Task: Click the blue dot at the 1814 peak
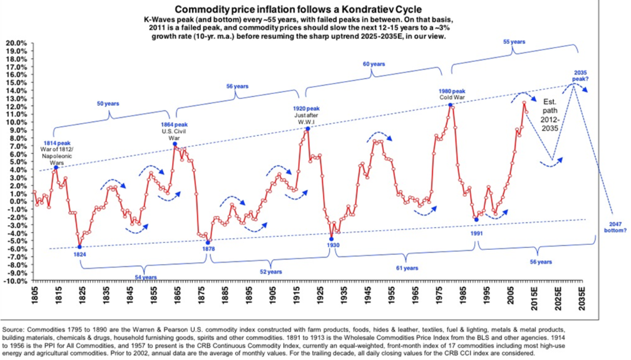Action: tap(56, 168)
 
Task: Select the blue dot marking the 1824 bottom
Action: tap(80, 247)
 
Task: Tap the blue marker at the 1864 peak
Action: tap(174, 144)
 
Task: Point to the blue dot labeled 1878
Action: tap(208, 242)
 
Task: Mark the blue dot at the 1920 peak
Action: tap(308, 128)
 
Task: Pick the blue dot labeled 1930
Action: tap(331, 239)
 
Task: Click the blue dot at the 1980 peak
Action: tap(451, 105)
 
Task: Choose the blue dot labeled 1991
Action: tap(476, 219)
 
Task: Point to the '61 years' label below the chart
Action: tap(407, 268)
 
